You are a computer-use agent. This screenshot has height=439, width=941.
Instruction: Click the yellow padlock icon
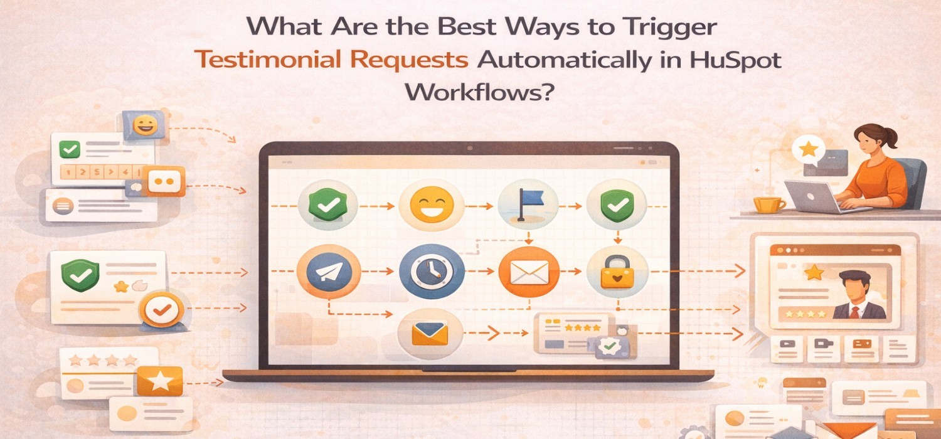(x=617, y=273)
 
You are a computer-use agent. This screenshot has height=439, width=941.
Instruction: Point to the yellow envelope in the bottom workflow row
(x=430, y=333)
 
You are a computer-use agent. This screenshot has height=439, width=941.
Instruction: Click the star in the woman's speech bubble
(x=809, y=149)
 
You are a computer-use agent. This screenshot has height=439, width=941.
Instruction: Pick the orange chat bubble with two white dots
(x=163, y=181)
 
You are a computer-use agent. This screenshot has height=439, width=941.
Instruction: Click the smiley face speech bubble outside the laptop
(x=144, y=124)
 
